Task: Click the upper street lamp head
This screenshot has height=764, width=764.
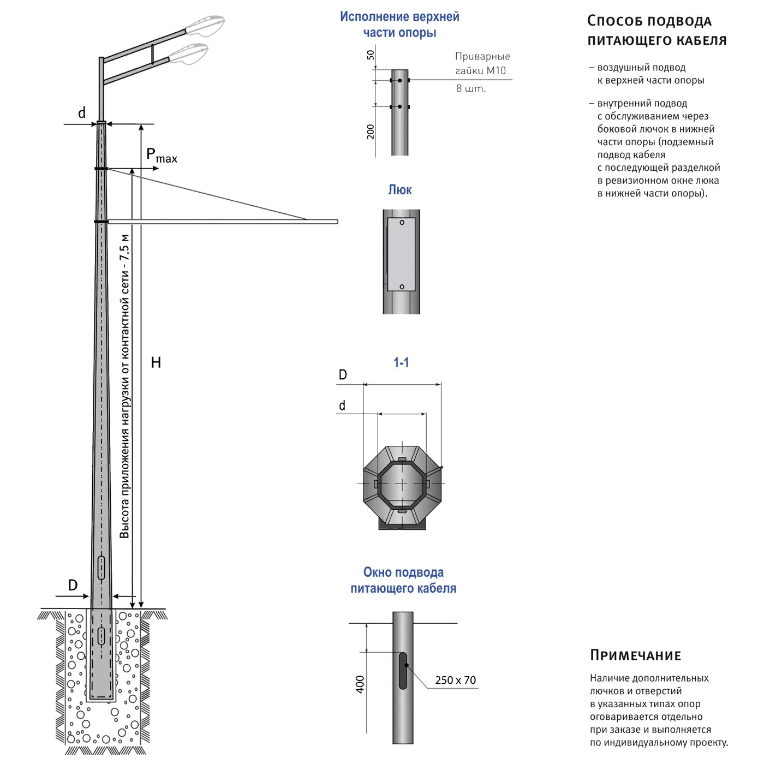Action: pos(205,25)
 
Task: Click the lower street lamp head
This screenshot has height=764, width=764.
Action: pos(189,53)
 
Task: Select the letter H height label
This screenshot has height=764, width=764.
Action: pos(156,362)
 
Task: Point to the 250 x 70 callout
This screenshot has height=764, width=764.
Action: pos(455,680)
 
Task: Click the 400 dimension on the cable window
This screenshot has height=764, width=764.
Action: pos(360,684)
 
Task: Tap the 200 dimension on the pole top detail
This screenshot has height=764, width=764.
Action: pos(371,132)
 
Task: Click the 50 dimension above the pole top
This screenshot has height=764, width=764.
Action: pos(371,55)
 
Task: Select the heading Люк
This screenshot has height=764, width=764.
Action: pos(400,190)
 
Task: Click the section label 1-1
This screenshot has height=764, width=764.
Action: pos(401,362)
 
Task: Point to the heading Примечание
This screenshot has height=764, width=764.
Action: pos(636,655)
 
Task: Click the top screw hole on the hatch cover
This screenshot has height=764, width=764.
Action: pos(402,222)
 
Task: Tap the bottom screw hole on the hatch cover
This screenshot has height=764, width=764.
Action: pos(402,286)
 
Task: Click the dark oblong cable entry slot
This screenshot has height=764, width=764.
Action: pos(403,670)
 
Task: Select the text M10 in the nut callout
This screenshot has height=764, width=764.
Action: pos(497,70)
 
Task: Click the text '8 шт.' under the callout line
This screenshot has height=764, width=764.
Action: pos(470,88)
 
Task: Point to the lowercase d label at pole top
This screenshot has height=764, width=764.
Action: pos(82,113)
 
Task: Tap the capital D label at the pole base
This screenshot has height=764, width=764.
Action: pos(73,585)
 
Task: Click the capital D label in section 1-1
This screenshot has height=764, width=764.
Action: pos(343,375)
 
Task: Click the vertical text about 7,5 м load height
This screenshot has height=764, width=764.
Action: pos(125,386)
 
